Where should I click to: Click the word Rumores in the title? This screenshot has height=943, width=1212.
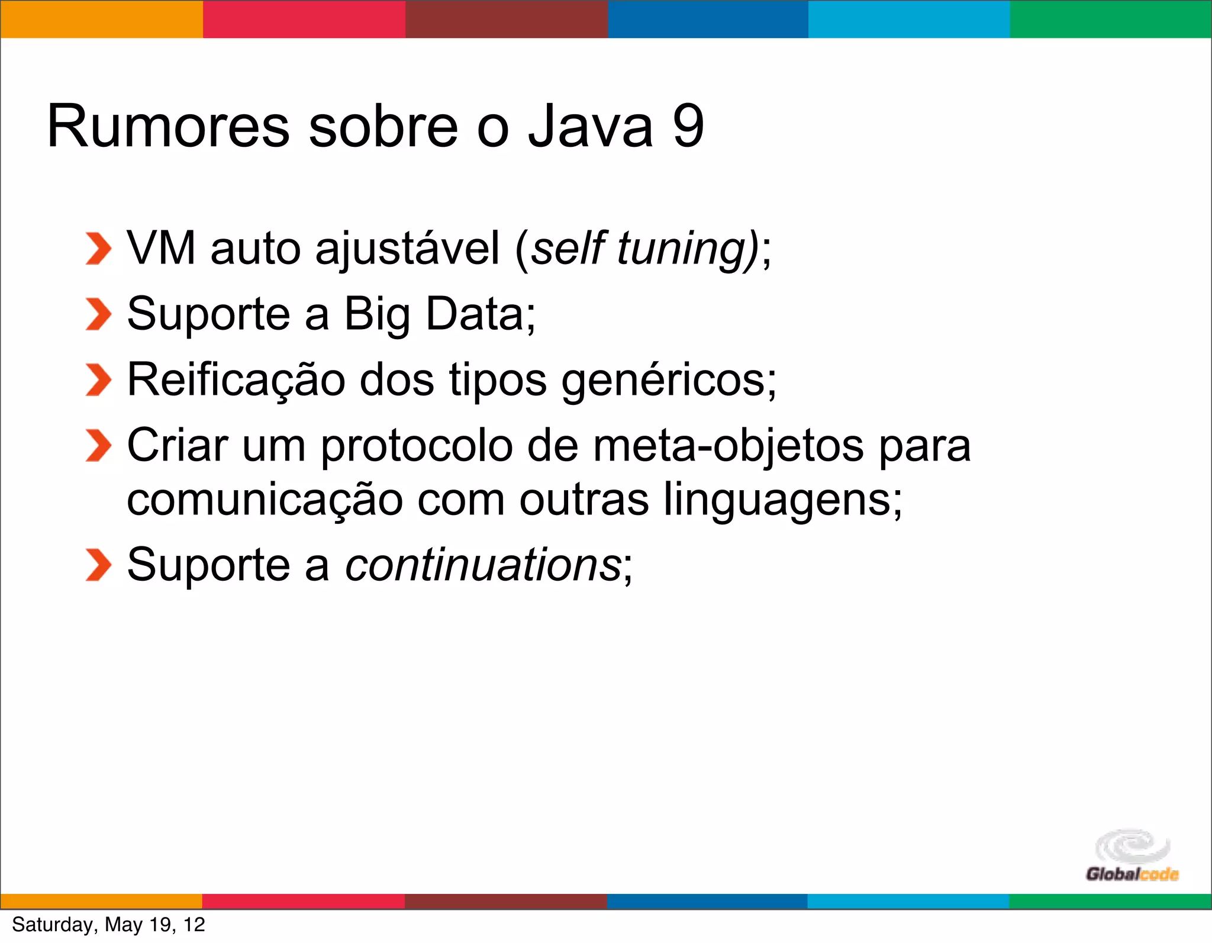click(x=169, y=126)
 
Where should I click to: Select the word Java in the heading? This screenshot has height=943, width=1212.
click(x=590, y=126)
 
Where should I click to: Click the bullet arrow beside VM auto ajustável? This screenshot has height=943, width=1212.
click(x=98, y=249)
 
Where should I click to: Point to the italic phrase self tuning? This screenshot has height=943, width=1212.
click(x=642, y=249)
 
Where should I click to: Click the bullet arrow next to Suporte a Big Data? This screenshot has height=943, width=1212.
click(x=98, y=314)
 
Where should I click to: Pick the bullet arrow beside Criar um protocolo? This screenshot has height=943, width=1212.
click(x=98, y=446)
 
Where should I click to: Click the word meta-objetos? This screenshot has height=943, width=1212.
click(x=729, y=446)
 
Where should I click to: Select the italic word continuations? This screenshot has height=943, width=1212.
click(x=482, y=565)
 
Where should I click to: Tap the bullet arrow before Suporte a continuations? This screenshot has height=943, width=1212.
click(x=98, y=565)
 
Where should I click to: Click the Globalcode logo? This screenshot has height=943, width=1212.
click(x=1132, y=856)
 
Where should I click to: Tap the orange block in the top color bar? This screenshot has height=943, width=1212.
click(x=101, y=20)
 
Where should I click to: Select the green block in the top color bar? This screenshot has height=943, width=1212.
click(x=1110, y=20)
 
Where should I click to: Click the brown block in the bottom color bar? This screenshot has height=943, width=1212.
click(x=506, y=901)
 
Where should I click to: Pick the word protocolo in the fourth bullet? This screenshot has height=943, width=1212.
click(x=417, y=446)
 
